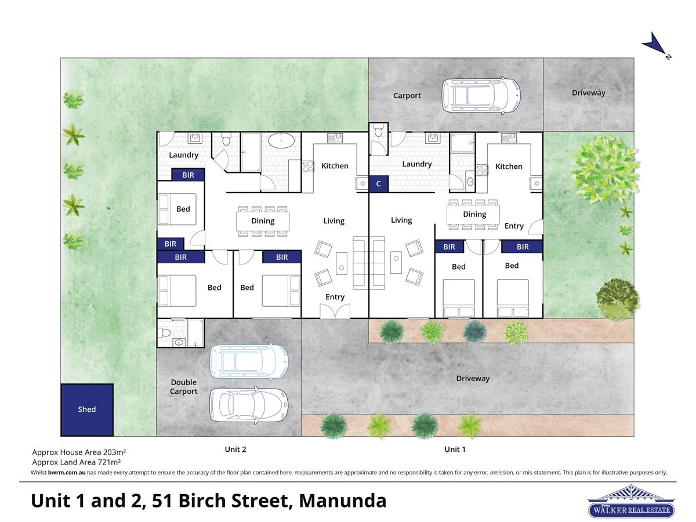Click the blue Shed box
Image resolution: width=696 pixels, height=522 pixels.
(x=87, y=409)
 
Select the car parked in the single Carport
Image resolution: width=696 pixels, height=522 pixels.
(x=481, y=95)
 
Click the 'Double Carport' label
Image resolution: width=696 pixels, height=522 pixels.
(x=184, y=387)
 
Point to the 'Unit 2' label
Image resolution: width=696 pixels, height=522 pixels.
(x=235, y=449)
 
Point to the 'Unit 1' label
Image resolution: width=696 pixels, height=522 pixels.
(x=455, y=449)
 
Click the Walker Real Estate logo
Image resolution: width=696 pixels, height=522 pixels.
(x=631, y=502)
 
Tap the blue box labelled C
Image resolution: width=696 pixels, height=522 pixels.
(x=379, y=184)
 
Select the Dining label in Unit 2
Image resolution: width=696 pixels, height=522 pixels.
(x=263, y=220)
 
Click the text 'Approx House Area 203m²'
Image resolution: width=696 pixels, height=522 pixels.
(x=79, y=452)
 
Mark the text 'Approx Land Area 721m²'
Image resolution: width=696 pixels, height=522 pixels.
(x=77, y=462)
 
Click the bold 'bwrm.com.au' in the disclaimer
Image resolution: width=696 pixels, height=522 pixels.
(x=67, y=473)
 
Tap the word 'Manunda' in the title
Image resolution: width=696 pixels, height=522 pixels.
(x=342, y=500)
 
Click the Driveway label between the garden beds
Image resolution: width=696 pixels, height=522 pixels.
(x=473, y=378)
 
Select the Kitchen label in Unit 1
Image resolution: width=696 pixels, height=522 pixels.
(x=509, y=166)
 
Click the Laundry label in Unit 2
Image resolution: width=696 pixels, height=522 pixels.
(x=183, y=155)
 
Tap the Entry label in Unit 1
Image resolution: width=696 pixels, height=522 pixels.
(x=514, y=226)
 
